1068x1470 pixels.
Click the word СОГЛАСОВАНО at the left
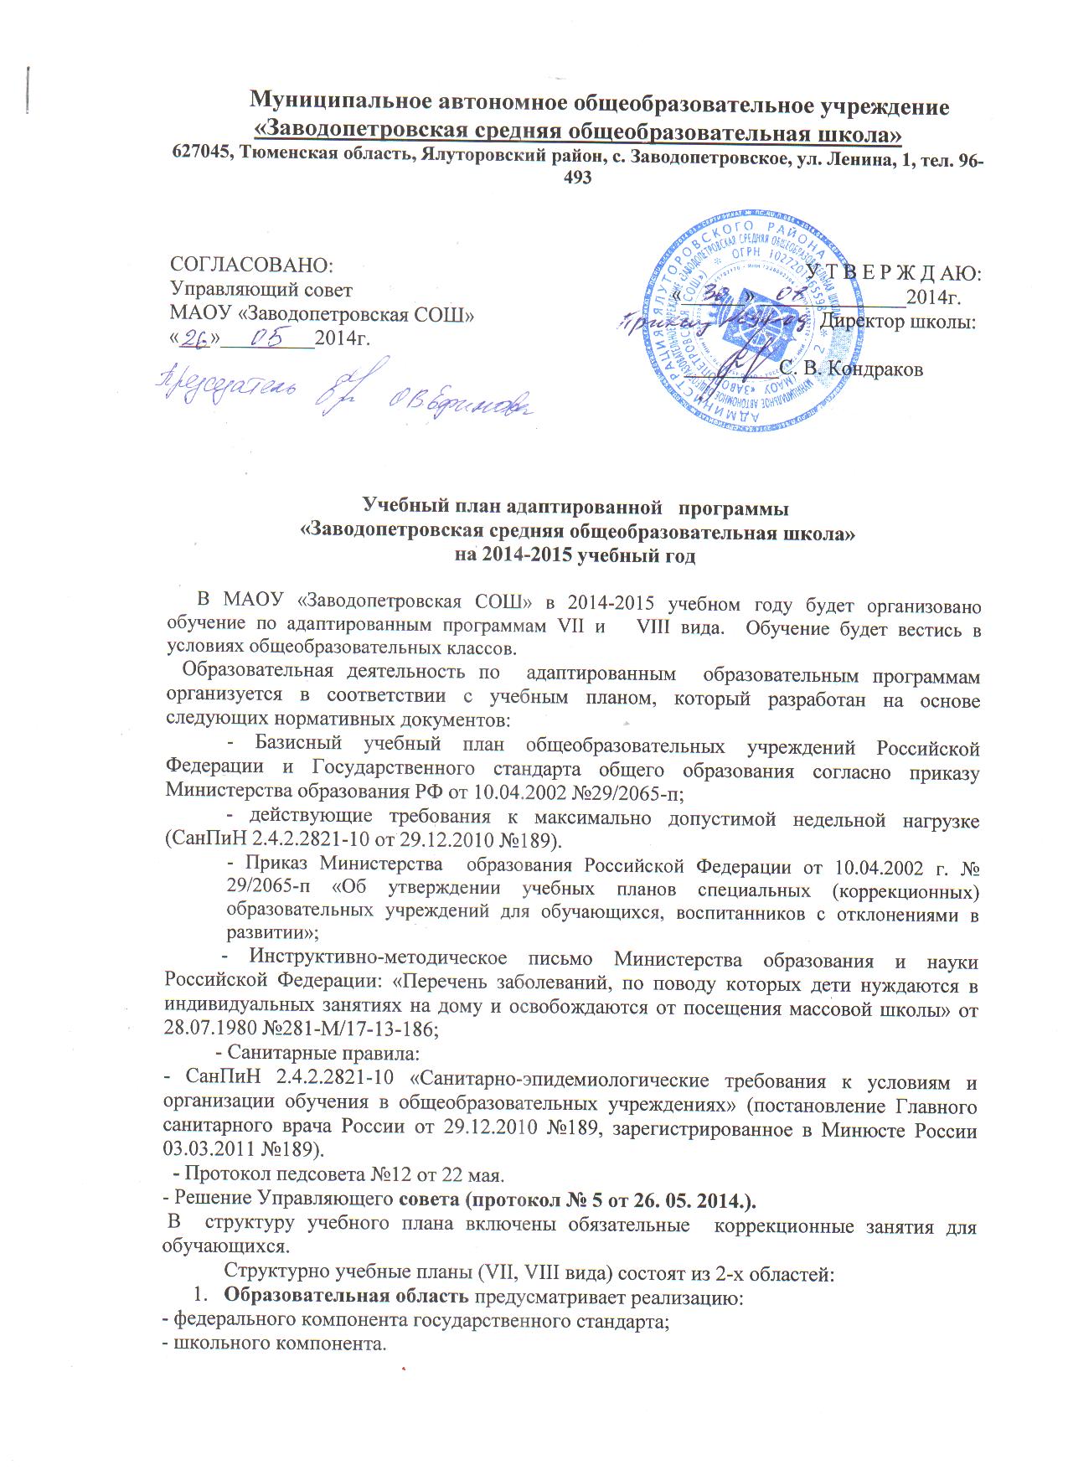[x=251, y=265]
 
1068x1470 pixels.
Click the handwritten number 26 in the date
[x=195, y=337]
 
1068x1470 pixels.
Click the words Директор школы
[x=897, y=322]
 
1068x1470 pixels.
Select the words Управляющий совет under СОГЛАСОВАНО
[x=261, y=290]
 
